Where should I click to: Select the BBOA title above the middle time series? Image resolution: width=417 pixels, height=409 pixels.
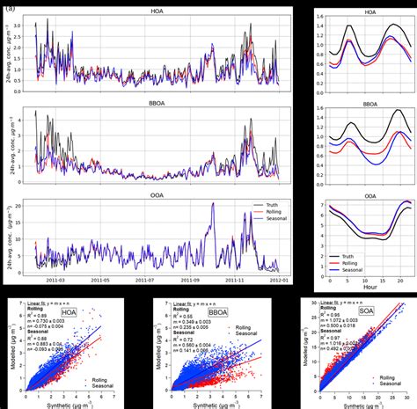157,102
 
